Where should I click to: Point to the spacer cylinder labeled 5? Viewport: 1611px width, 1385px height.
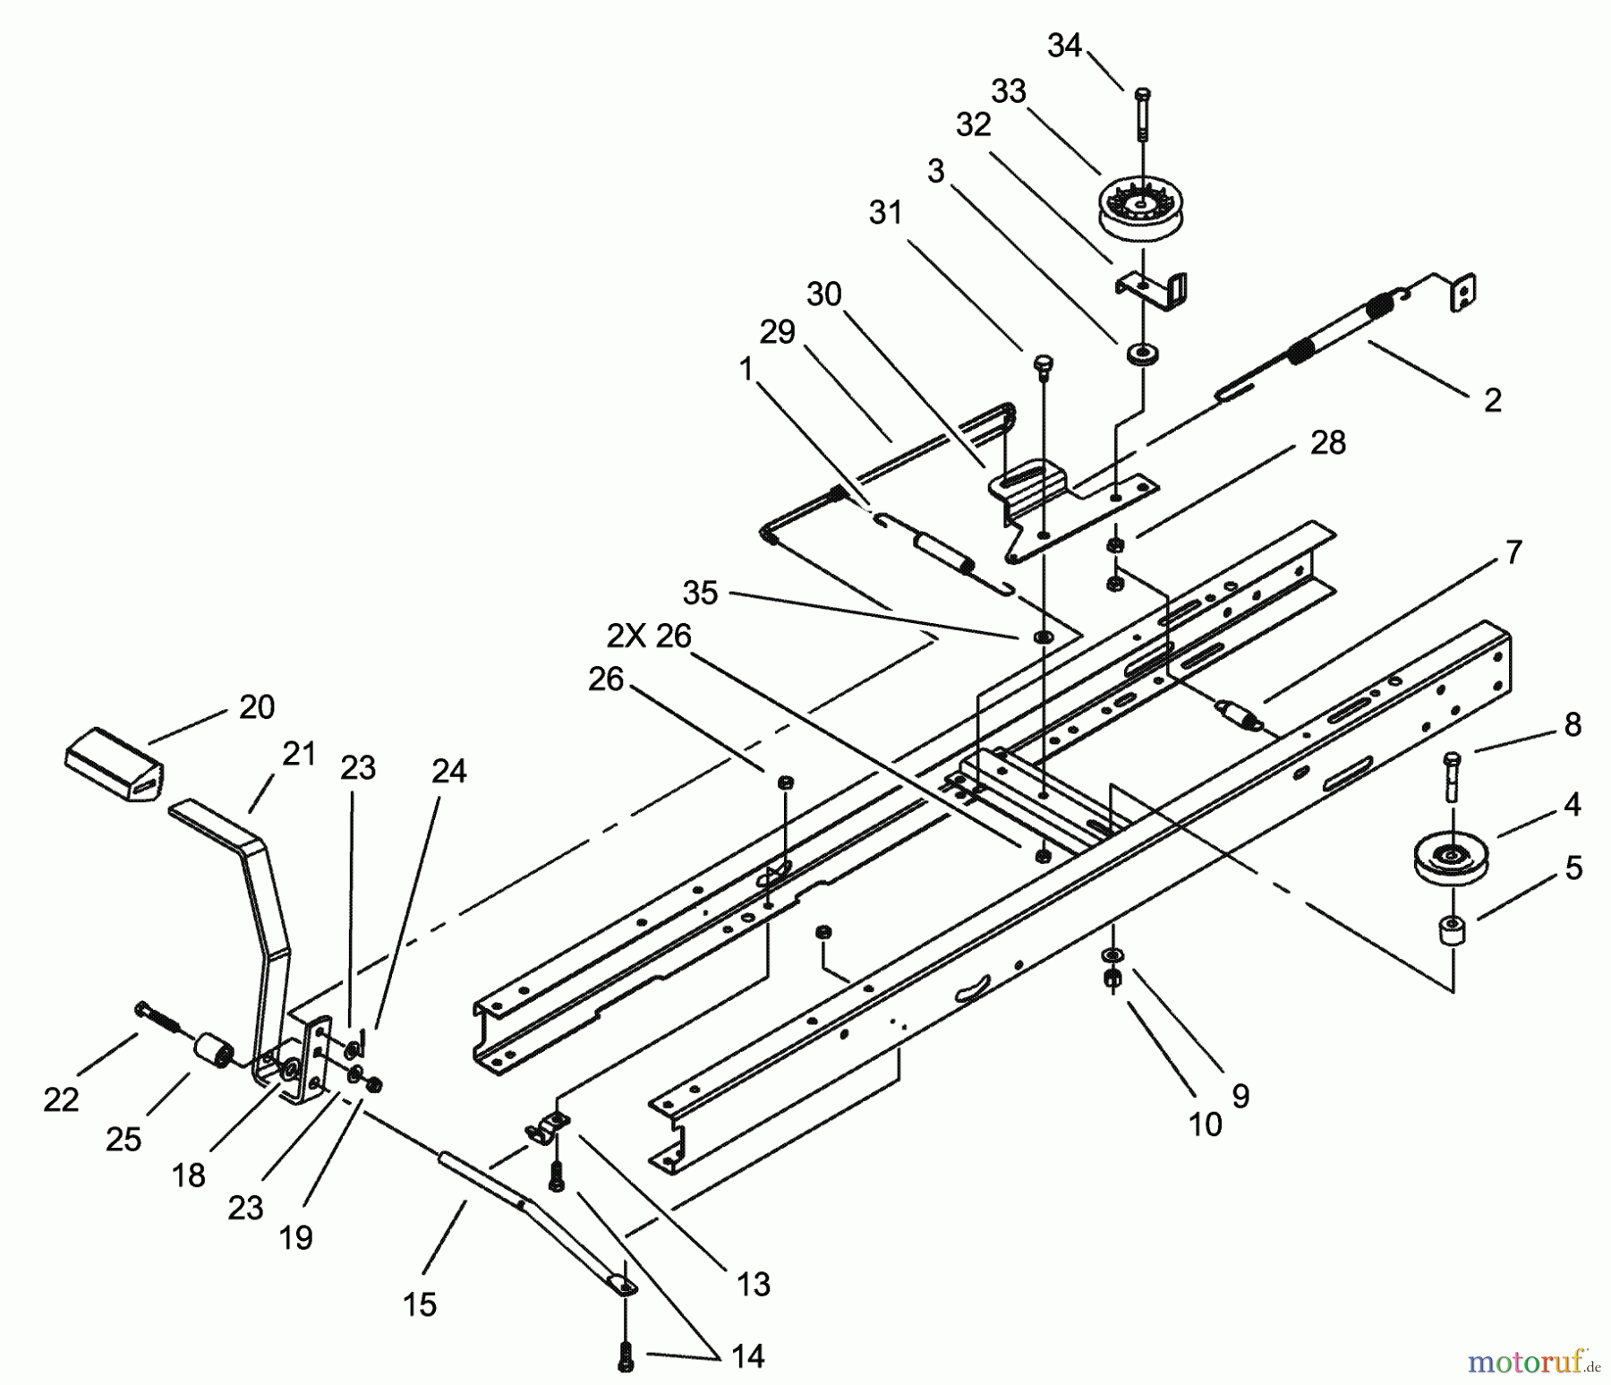[x=1453, y=931]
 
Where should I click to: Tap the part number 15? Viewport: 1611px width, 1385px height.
[x=420, y=1304]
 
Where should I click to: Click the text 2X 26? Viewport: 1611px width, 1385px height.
[x=649, y=636]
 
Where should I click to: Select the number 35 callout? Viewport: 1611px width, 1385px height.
[x=700, y=593]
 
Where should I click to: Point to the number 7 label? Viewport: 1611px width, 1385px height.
[x=1513, y=552]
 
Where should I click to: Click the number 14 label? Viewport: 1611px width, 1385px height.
[x=747, y=1356]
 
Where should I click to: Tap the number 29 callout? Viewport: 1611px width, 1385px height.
[x=777, y=332]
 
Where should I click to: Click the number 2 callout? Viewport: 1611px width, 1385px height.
[x=1492, y=400]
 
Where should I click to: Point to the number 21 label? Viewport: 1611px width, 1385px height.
[x=299, y=754]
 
